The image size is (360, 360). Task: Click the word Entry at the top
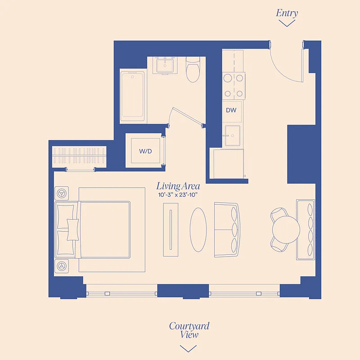[287, 13]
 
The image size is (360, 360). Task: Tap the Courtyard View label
[189, 330]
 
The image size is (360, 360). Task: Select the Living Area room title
[178, 186]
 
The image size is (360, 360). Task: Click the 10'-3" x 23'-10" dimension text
[179, 195]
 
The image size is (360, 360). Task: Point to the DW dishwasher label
[231, 110]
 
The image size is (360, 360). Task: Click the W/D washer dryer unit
[145, 151]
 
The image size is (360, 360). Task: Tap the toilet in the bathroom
[193, 71]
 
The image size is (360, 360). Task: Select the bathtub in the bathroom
[133, 95]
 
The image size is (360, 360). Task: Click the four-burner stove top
[234, 85]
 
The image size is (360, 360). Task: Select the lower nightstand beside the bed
[62, 266]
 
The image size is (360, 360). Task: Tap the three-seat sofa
[227, 230]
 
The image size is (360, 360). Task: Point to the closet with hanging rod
[80, 156]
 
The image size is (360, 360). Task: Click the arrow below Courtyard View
[188, 348]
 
